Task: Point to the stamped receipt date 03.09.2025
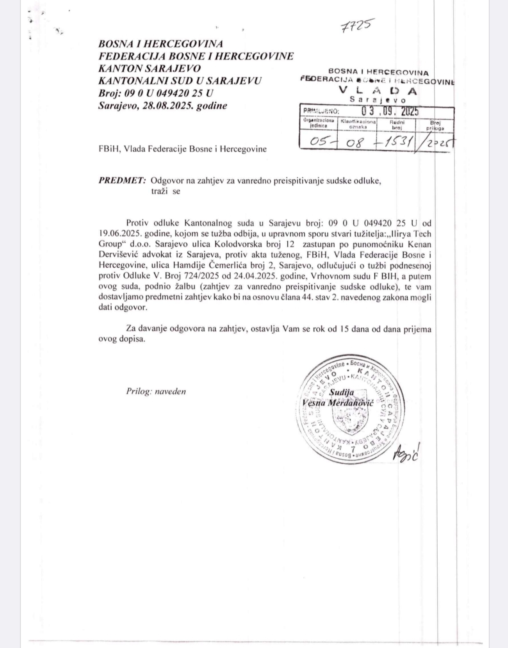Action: [x=390, y=111]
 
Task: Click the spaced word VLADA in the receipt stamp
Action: [x=378, y=90]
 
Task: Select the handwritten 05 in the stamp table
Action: [x=319, y=142]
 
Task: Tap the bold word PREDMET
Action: [x=122, y=181]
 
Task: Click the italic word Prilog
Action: [x=138, y=391]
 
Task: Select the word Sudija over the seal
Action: [x=341, y=392]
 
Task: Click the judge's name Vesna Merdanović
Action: [x=339, y=403]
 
